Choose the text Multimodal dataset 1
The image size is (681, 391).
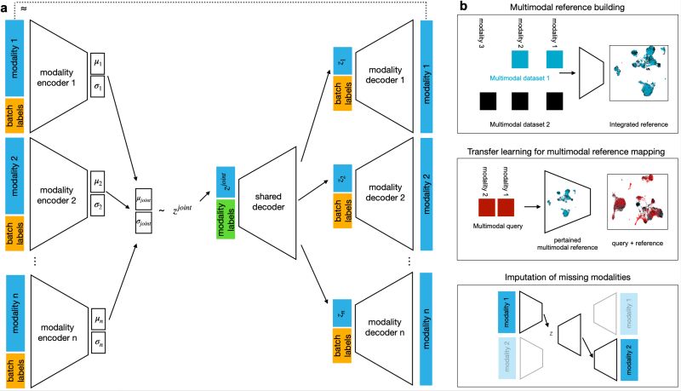[529, 78]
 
